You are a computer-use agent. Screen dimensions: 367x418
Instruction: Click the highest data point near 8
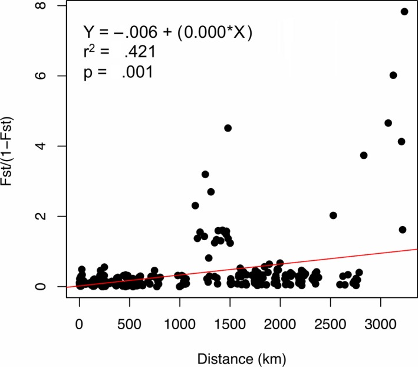click(x=404, y=11)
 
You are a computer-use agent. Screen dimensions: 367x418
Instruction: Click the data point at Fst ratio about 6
click(x=393, y=75)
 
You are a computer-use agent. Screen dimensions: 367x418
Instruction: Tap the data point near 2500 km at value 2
click(x=333, y=215)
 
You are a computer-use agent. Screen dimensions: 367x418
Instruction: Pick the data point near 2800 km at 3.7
click(x=364, y=155)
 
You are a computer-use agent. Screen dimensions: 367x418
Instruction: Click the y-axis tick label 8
click(x=44, y=6)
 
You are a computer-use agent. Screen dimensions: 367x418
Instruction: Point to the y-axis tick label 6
click(x=44, y=76)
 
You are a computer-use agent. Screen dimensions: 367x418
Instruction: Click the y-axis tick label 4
click(x=44, y=146)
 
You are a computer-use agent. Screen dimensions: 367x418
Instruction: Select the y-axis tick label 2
click(x=44, y=217)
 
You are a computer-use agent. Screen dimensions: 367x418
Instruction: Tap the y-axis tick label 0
click(x=44, y=287)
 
